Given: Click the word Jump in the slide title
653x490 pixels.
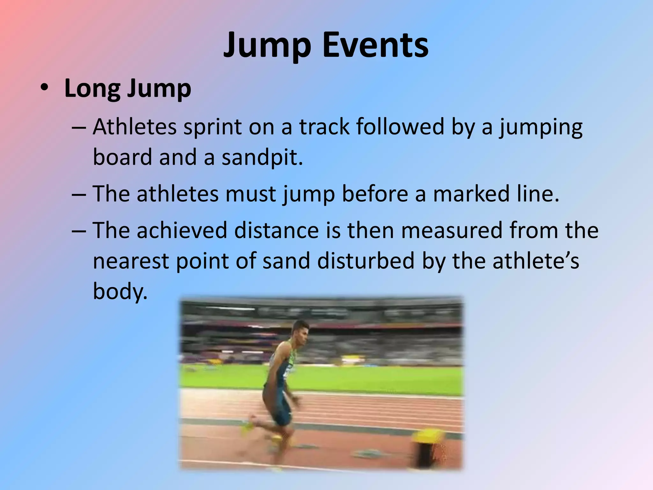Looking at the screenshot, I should (267, 45).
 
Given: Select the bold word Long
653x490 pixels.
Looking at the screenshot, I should (92, 89).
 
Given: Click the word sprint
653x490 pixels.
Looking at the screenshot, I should (213, 127).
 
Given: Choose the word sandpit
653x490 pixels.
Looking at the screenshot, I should (262, 158).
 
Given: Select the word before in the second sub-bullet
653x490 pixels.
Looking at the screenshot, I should (375, 194).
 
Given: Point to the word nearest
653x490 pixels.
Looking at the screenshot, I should (131, 261).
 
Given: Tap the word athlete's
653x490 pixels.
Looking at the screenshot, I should (536, 260).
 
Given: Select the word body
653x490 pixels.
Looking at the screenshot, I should (120, 291).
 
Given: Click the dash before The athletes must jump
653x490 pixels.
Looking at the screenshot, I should (79, 194).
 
